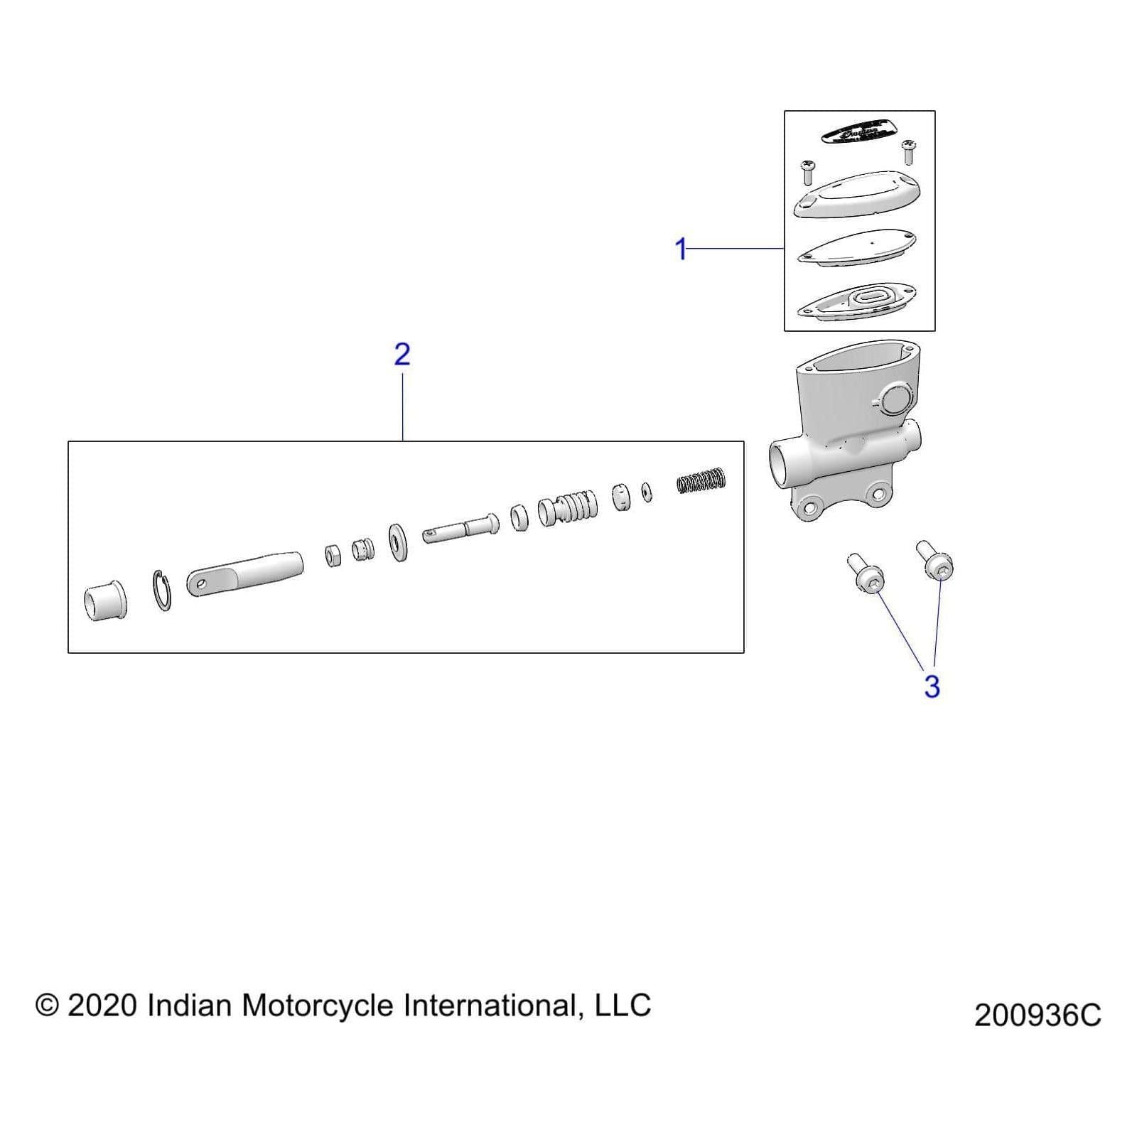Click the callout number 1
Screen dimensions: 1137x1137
(x=681, y=249)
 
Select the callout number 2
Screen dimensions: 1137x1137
(x=402, y=354)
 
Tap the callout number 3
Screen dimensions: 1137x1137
(x=932, y=686)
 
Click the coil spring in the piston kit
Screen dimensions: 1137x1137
(x=701, y=481)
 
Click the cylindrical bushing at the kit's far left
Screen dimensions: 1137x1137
(x=106, y=601)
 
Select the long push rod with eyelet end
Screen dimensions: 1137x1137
(x=244, y=572)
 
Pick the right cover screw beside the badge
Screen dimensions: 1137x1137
(x=907, y=151)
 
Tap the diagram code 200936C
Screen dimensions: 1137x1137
(x=1038, y=1015)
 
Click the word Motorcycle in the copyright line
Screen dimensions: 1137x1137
(x=318, y=1006)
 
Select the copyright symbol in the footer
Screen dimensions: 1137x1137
(x=48, y=1006)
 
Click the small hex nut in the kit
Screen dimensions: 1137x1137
(x=333, y=555)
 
